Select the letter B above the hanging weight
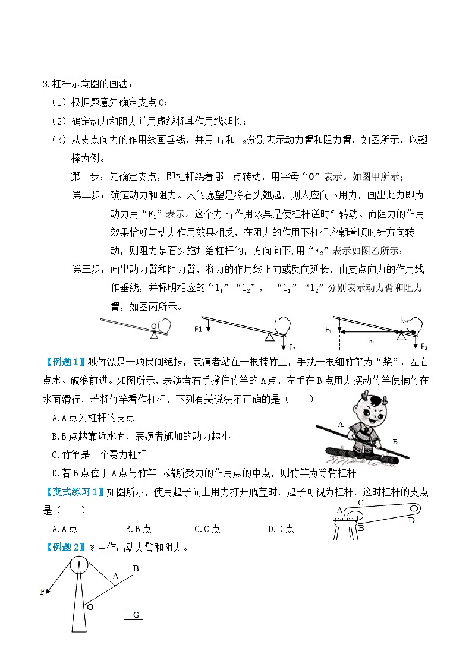[136, 568]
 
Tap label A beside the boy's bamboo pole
[341, 424]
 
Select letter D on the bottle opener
[411, 521]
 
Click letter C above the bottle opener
[360, 502]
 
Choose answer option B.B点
[139, 529]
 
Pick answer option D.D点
[281, 529]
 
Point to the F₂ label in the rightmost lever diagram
[424, 346]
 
